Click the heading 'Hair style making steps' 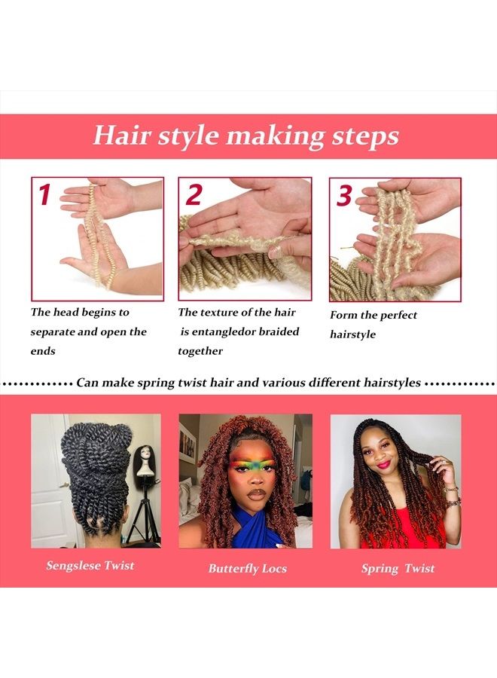pos(245,136)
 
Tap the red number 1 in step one pos(44,194)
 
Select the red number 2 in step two pos(194,195)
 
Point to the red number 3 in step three pos(344,195)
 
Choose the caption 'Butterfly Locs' pos(247,568)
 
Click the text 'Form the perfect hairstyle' pos(373,325)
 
